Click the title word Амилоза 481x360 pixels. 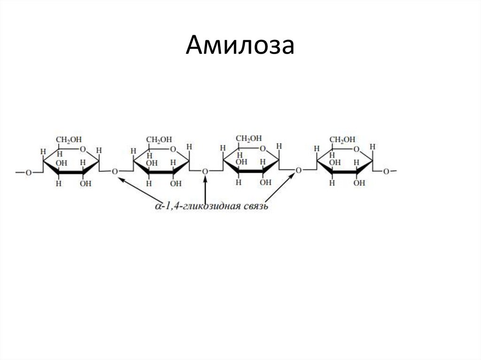(x=240, y=46)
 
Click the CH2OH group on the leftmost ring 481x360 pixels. (x=69, y=139)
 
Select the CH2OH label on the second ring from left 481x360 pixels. (x=159, y=139)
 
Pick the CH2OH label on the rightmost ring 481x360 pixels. (x=342, y=139)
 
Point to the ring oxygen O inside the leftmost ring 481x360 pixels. (x=83, y=150)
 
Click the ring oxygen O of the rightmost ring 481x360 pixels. (x=357, y=150)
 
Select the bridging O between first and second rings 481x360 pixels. (x=115, y=172)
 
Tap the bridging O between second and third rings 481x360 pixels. (x=205, y=172)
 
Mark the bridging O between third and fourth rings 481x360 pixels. (x=298, y=171)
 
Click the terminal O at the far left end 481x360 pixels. (x=28, y=173)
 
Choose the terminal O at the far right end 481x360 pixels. (x=386, y=172)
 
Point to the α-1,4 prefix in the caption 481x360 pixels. (x=166, y=206)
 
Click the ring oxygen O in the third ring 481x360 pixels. (x=263, y=149)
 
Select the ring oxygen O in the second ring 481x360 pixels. (x=173, y=150)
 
